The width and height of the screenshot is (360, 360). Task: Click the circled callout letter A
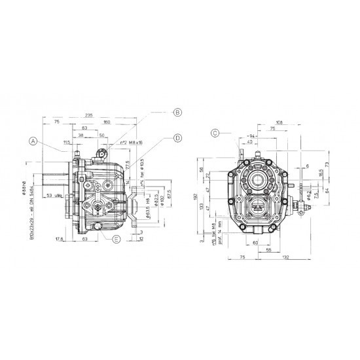point(32,139)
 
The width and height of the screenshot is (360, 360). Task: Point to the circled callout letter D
point(177,137)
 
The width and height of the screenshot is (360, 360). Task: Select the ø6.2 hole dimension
point(309,194)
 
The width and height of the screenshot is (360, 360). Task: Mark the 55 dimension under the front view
point(269,250)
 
